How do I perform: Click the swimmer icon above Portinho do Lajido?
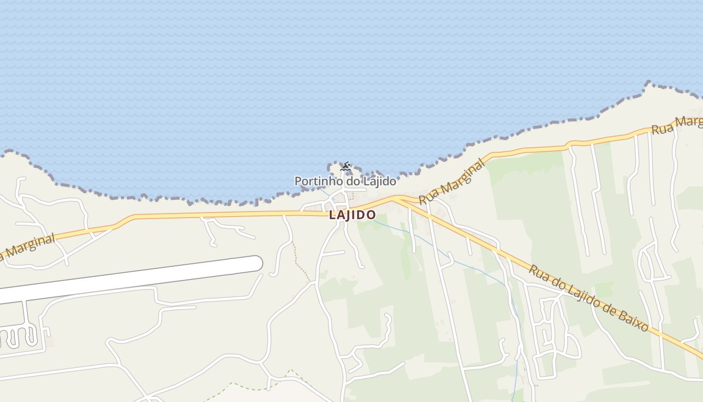point(345,166)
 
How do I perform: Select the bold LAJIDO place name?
point(352,215)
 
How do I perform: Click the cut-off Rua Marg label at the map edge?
point(676,125)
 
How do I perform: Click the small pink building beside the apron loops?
point(50,342)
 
